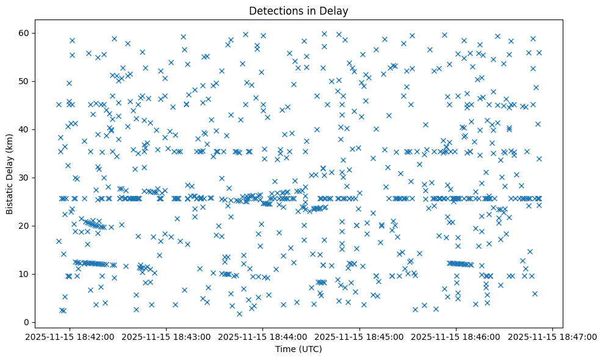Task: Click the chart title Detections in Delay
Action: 298,10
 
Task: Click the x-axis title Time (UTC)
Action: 298,349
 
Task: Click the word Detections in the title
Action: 273,10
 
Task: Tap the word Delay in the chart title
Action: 336,10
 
